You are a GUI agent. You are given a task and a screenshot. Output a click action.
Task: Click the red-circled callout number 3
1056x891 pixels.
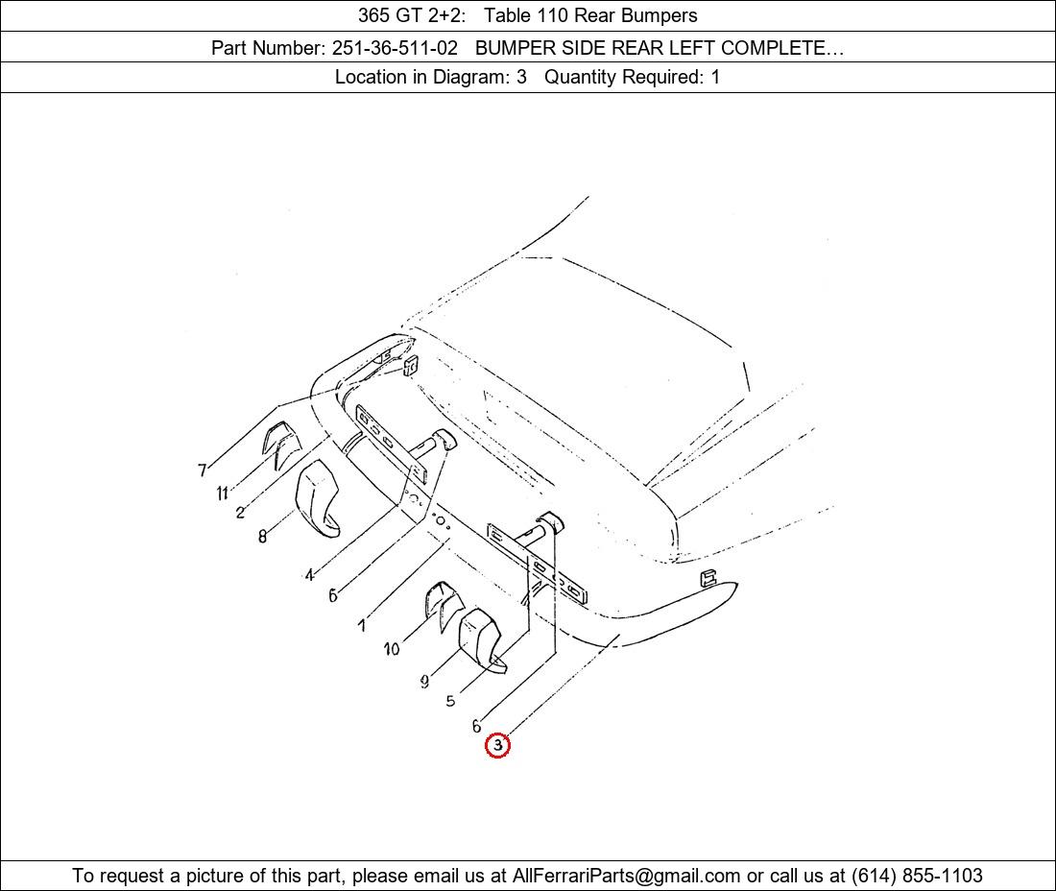pyautogui.click(x=497, y=745)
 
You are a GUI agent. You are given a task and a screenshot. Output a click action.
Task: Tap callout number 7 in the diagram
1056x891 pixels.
pyautogui.click(x=202, y=470)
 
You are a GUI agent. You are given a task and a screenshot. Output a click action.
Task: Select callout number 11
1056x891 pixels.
pyautogui.click(x=223, y=494)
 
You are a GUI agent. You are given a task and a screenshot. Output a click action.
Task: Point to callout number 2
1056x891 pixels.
pyautogui.click(x=240, y=513)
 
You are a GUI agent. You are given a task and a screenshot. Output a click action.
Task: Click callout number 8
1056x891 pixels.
pyautogui.click(x=263, y=536)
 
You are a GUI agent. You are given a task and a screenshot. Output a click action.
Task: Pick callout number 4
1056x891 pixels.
pyautogui.click(x=309, y=575)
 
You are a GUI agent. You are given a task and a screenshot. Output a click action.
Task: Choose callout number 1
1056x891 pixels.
pyautogui.click(x=362, y=626)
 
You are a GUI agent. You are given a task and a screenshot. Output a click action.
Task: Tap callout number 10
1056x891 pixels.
pyautogui.click(x=392, y=649)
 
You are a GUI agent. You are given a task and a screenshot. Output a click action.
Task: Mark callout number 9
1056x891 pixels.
pyautogui.click(x=424, y=682)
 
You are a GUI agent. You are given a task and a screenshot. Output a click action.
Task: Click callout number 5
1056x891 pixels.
pyautogui.click(x=450, y=701)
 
